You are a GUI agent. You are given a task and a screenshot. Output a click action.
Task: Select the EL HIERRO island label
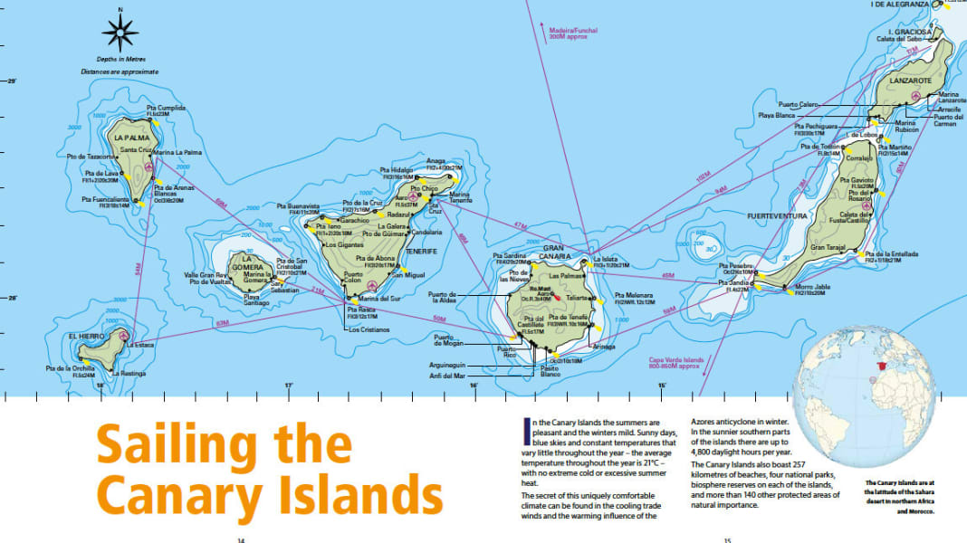(x=83, y=336)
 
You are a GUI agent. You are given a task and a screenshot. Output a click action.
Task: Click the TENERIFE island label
(x=421, y=251)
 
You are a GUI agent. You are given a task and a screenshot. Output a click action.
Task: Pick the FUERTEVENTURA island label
(x=777, y=216)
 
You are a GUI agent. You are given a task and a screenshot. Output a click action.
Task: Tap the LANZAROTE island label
(x=910, y=81)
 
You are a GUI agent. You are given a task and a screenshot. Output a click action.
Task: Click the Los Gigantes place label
(x=344, y=245)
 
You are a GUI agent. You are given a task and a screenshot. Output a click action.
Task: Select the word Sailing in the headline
(x=224, y=446)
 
